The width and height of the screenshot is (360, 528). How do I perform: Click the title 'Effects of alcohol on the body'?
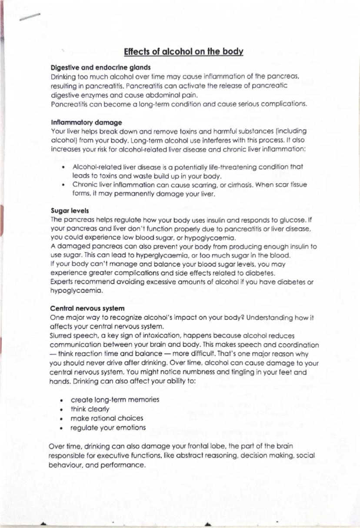click(183, 51)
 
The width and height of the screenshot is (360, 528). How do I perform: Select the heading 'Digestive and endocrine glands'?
click(101, 67)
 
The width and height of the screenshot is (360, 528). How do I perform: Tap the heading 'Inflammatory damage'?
click(87, 122)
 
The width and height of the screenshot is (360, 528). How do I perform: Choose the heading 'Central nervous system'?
click(87, 308)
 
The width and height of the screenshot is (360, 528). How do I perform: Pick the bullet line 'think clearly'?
click(90, 409)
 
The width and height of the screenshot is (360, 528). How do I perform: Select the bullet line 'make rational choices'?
click(107, 418)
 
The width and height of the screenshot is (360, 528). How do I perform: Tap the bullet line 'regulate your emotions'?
click(108, 427)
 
